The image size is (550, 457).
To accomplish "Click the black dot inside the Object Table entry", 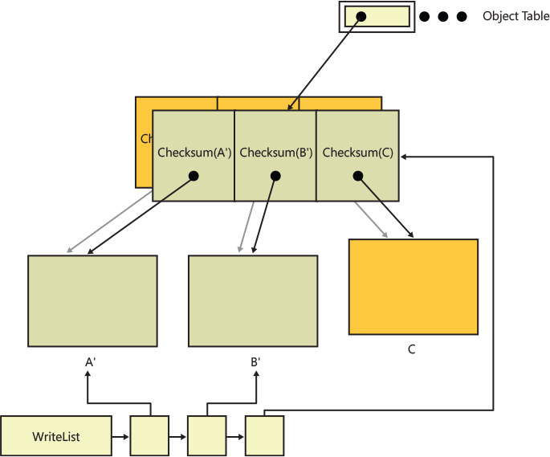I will point(361,16).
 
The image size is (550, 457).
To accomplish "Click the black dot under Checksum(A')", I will point(194,176).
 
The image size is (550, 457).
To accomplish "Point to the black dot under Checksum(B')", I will point(275,176).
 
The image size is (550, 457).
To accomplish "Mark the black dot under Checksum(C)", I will point(358,176).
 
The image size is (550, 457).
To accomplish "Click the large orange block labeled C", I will point(414,287).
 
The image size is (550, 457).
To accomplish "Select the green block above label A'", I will point(92,301).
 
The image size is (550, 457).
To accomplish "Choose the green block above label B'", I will point(253,301).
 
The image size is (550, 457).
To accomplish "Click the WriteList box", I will point(55,437).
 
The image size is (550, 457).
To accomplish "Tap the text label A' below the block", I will point(91,362).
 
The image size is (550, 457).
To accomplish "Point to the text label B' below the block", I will point(255,362).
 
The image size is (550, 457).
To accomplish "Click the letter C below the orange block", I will point(412,349).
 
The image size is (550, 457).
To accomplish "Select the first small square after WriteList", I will point(149,436).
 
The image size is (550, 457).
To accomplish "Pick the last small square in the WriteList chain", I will point(265,436).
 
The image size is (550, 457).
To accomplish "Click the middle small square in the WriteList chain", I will point(207,436).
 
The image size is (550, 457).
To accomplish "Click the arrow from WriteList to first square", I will point(120,437).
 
